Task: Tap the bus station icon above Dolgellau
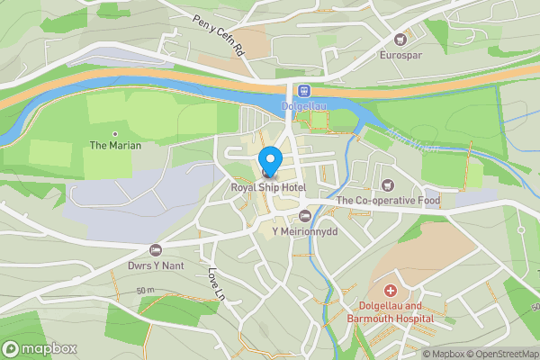tap(304, 91)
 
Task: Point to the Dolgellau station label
tap(303, 106)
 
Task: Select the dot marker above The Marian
tap(114, 132)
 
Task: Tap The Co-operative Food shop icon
tap(389, 184)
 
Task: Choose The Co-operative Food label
tap(389, 201)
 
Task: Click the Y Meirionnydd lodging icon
tap(304, 216)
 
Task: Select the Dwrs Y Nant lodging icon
tap(155, 249)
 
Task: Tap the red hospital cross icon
tap(391, 291)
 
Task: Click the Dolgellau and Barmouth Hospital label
tap(391, 312)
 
